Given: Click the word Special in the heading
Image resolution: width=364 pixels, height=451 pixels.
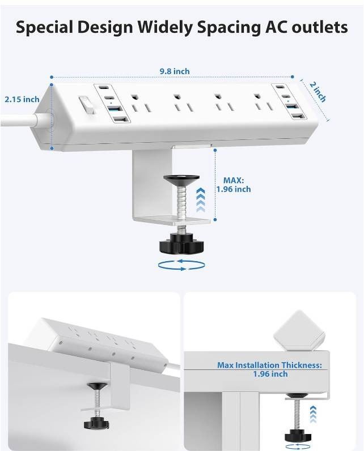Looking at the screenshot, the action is pos(45,28).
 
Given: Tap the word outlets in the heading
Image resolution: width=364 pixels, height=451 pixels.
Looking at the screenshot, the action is pos(319,27).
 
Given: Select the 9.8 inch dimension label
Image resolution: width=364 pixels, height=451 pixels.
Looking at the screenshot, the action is pos(175,71).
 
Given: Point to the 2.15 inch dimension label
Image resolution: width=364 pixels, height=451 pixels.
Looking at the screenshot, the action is pos(22,99).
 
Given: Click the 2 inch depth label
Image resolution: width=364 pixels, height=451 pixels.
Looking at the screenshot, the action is pos(318,92).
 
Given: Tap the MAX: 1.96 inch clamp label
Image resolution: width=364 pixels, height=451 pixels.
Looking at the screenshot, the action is pos(234,185).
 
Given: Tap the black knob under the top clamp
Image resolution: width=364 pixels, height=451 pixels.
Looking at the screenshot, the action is pos(181,243).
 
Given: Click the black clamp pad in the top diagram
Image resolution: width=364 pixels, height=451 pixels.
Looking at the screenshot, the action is pos(181,178).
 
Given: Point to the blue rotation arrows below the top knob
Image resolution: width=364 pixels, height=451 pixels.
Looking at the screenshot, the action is pos(181,265).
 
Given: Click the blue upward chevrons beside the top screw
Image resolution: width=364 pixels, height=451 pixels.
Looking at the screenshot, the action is pos(201,200).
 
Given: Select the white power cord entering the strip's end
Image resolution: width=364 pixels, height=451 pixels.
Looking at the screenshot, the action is pos(20,120).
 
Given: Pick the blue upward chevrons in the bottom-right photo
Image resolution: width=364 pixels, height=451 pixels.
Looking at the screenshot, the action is pos(313,414).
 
